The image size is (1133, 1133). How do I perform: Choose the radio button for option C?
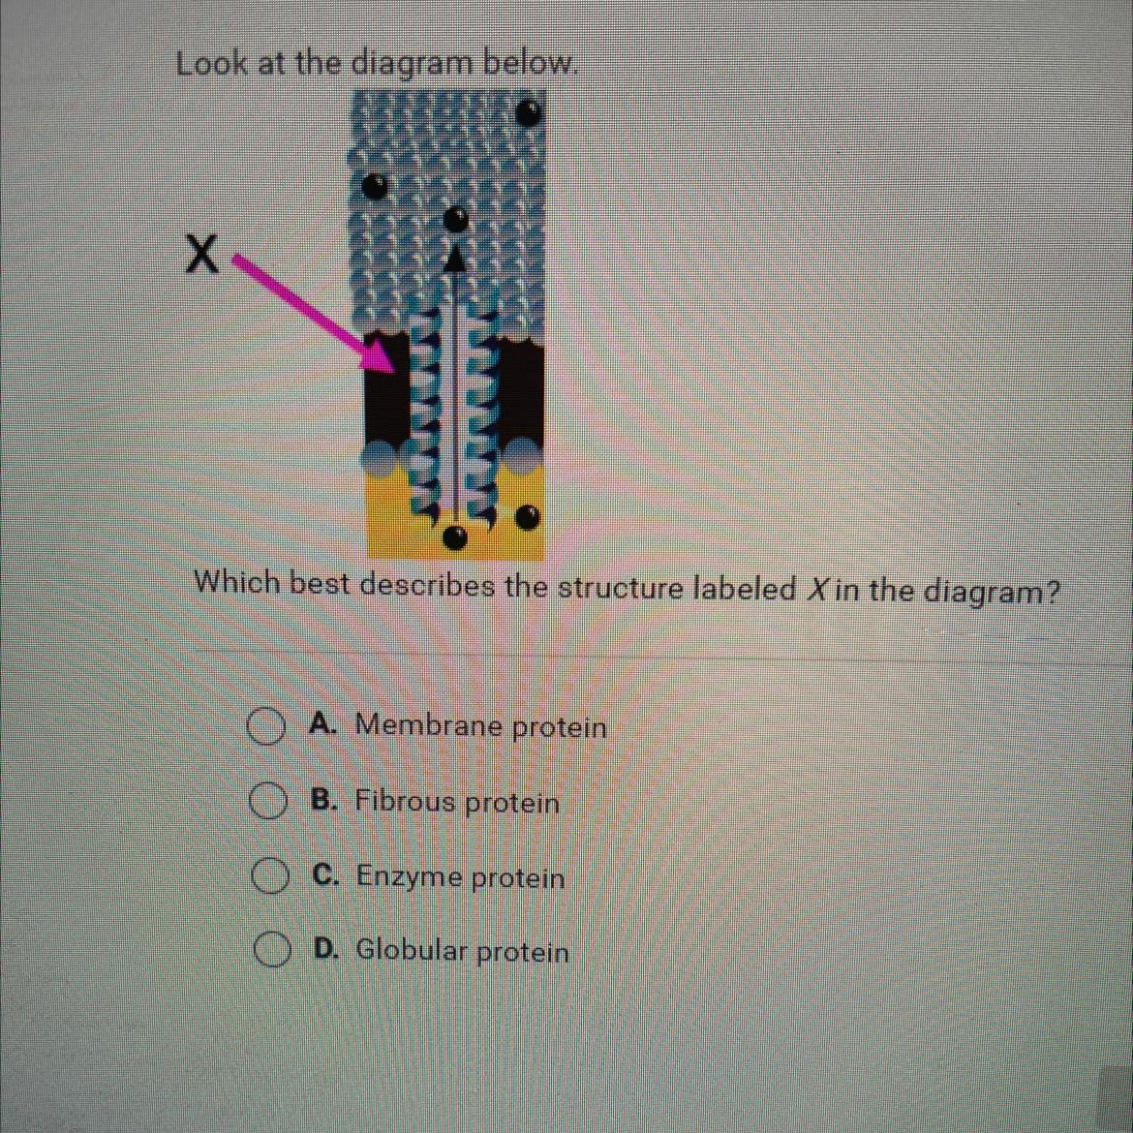coord(268,876)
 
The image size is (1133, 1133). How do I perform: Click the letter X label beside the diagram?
coord(202,255)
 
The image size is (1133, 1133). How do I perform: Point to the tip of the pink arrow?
coord(394,373)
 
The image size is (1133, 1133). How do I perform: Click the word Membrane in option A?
coord(431,723)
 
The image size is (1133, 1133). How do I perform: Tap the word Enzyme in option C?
coord(410,877)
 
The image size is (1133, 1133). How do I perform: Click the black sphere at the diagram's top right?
coord(530,112)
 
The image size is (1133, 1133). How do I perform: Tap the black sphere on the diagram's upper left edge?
coord(375,187)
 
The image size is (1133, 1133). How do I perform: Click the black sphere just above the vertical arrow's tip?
coord(456,218)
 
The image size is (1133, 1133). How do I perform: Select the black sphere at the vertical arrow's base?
coord(454,536)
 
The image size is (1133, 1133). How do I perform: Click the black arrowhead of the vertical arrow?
coord(454,257)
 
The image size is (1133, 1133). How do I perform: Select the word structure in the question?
coord(622,589)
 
